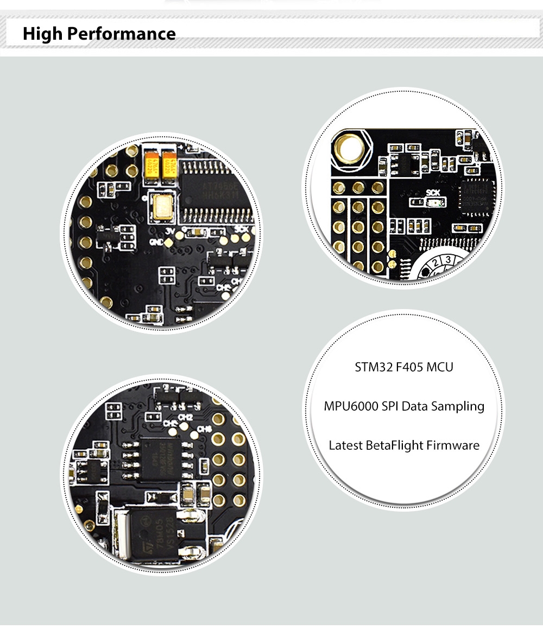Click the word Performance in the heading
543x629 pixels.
tap(130, 34)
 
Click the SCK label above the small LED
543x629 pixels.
tap(433, 192)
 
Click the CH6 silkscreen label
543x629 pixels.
tap(204, 430)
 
